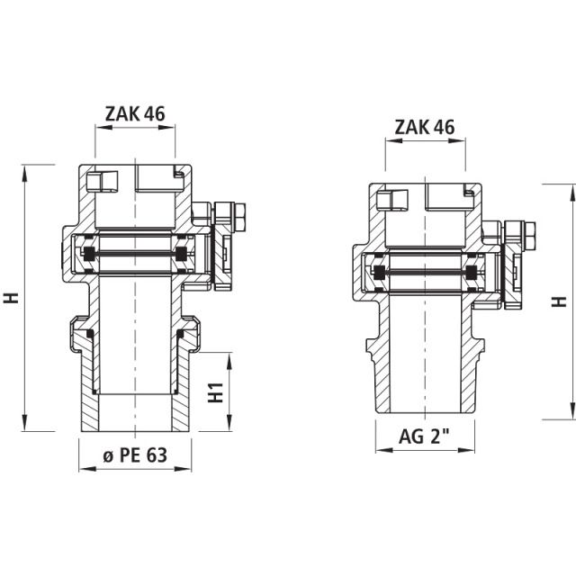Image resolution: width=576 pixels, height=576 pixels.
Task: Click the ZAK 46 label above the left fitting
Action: (135, 113)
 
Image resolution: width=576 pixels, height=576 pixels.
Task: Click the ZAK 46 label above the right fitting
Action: (425, 127)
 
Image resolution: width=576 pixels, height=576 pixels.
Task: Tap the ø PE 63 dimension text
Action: (135, 455)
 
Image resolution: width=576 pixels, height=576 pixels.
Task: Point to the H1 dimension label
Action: (215, 392)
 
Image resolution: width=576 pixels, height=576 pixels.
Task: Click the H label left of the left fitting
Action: (12, 298)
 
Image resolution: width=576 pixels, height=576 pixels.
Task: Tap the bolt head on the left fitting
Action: (239, 216)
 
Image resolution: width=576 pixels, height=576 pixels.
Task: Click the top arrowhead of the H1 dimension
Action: (231, 358)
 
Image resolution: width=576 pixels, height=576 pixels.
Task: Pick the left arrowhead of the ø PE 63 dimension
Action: (83, 469)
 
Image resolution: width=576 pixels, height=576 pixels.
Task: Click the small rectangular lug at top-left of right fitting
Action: (394, 200)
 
